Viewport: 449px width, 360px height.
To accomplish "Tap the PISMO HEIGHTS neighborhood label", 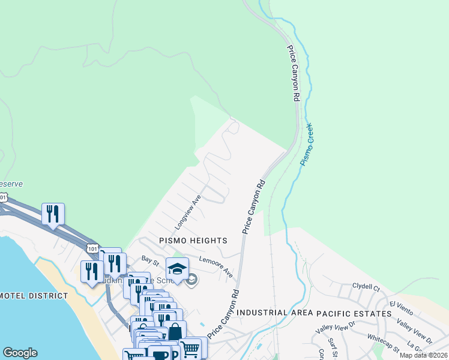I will pyautogui.click(x=193, y=240).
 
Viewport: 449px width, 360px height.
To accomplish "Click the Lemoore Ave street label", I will pyautogui.click(x=216, y=268).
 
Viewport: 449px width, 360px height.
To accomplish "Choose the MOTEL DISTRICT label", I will pyautogui.click(x=33, y=296).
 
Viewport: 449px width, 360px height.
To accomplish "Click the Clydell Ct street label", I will pyautogui.click(x=366, y=287).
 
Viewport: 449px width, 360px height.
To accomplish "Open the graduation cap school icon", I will pyautogui.click(x=177, y=269).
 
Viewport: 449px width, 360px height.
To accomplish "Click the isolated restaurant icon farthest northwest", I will pyautogui.click(x=53, y=214).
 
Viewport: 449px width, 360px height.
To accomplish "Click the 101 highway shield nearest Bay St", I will pyautogui.click(x=92, y=247).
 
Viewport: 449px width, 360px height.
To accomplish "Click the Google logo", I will pyautogui.click(x=20, y=353).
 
